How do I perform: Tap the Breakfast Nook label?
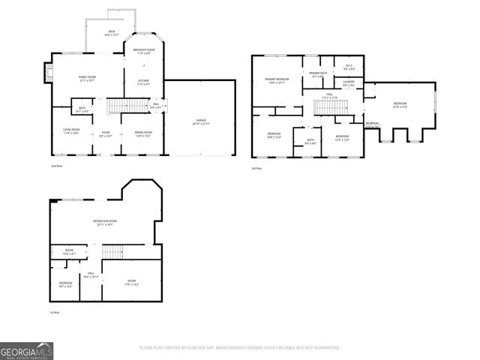[144, 52]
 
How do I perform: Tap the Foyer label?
[106, 134]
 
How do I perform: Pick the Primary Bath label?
[318, 74]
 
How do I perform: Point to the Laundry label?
[349, 84]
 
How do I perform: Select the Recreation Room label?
[103, 223]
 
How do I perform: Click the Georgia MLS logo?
[26, 350]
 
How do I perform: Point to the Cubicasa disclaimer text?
[239, 347]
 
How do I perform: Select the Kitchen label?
[143, 83]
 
